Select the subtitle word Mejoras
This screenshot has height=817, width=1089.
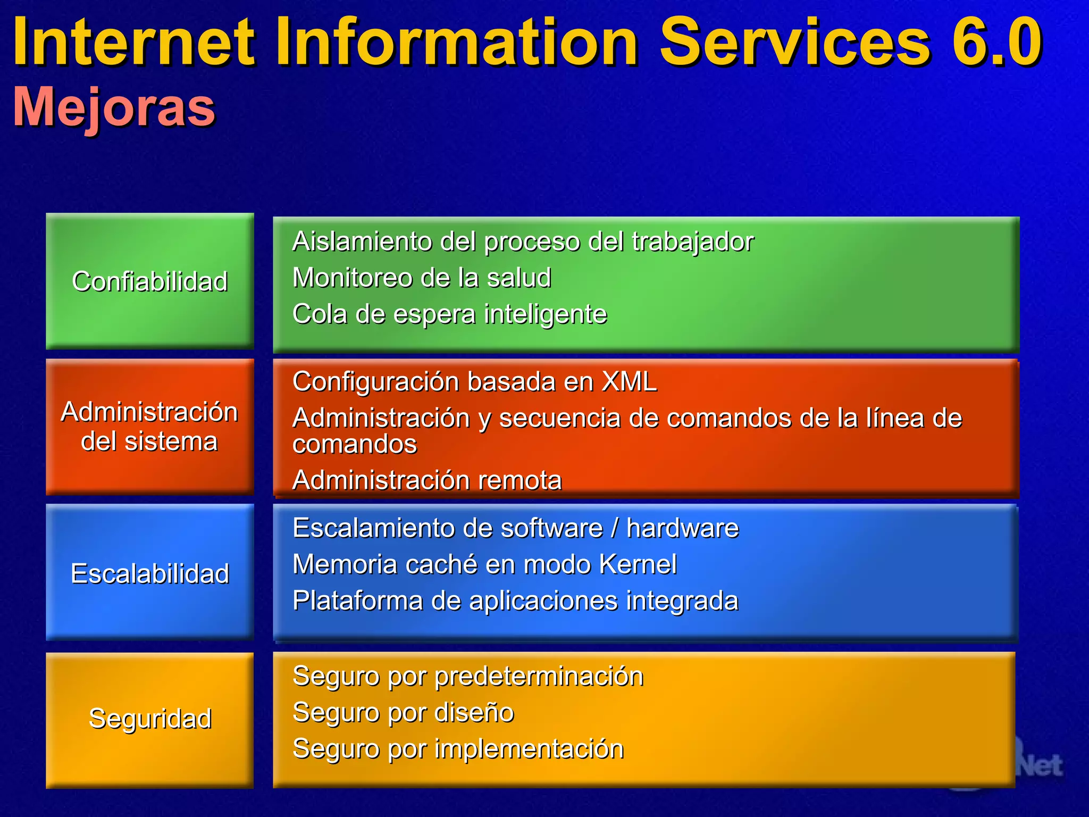114,106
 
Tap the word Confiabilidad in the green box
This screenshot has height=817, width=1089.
150,281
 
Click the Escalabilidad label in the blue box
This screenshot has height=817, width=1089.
150,573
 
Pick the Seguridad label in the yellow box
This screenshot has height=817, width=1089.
150,719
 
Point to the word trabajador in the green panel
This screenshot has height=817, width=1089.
692,242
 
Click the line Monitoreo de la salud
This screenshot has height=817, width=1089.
422,278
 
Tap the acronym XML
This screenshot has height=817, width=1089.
629,381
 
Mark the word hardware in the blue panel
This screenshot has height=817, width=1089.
682,528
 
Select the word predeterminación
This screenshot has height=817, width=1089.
539,677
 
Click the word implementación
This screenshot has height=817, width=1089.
529,749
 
